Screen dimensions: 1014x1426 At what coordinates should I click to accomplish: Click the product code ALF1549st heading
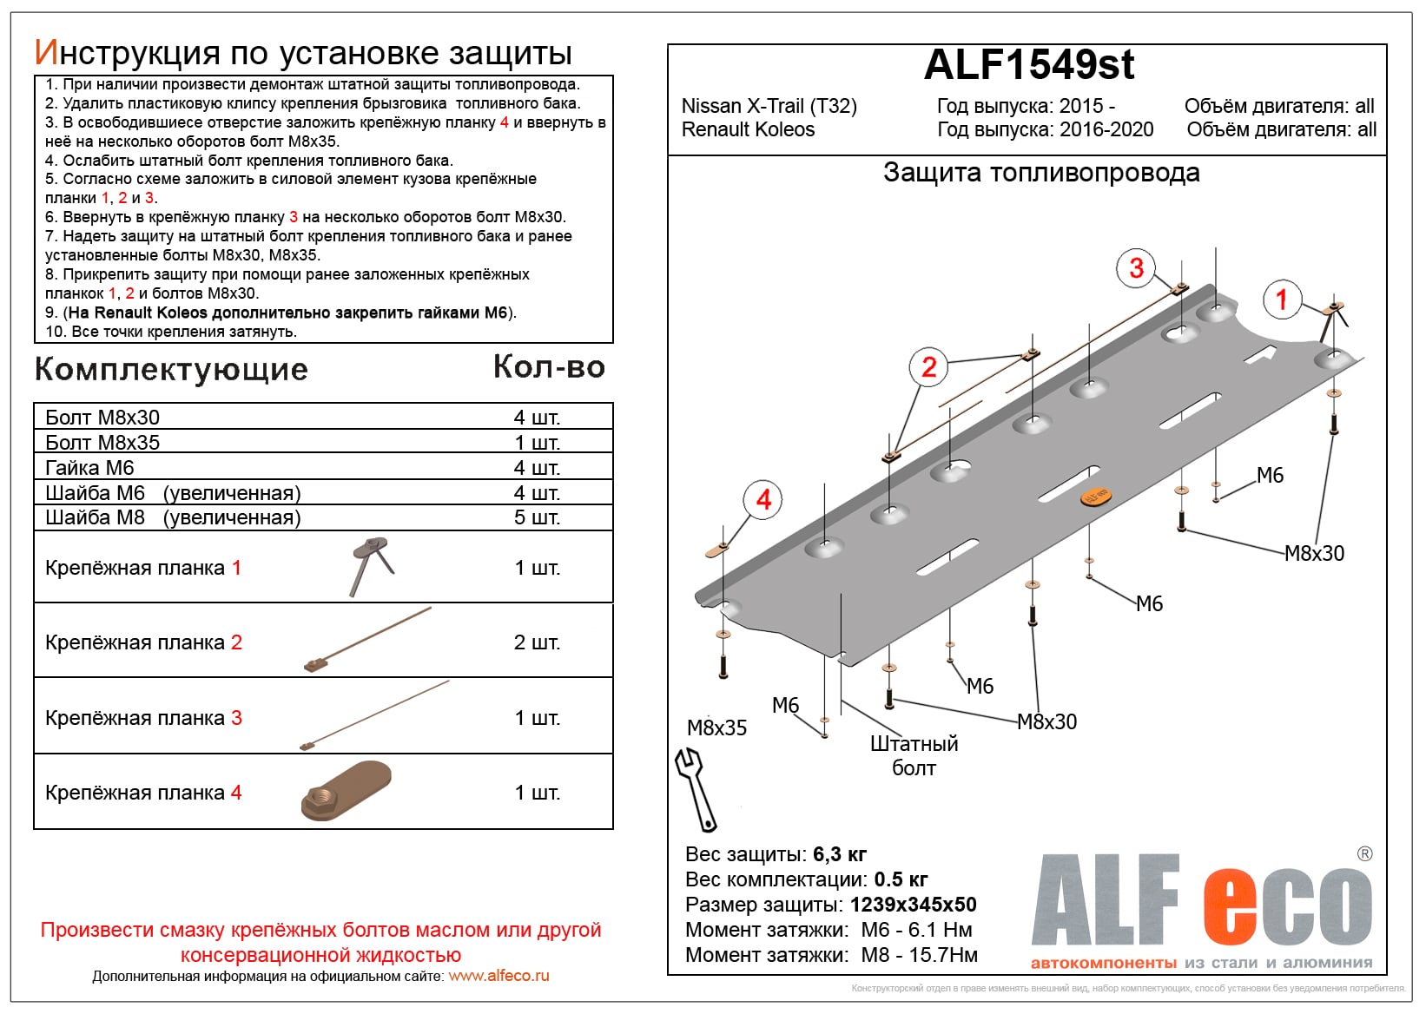pos(1028,65)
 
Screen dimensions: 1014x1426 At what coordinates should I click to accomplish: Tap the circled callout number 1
pos(1281,300)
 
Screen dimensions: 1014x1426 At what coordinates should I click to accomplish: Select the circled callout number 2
pos(928,366)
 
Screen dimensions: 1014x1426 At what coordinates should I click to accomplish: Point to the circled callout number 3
pos(1136,267)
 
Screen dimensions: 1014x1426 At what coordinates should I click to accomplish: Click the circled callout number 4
pos(763,499)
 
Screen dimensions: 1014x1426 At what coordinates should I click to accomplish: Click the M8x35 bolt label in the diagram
pos(716,728)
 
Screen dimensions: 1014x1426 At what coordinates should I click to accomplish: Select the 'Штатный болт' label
pos(914,755)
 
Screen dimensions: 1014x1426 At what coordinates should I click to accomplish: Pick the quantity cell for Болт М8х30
pos(537,418)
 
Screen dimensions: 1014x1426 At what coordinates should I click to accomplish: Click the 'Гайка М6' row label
pos(89,468)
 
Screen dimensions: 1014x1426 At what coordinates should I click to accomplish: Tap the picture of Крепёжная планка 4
pos(347,790)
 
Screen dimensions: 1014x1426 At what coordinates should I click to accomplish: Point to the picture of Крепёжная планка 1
pos(372,565)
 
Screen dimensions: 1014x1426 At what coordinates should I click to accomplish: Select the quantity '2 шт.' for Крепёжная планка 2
pos(537,642)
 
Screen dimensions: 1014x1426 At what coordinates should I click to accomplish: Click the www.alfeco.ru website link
pos(498,976)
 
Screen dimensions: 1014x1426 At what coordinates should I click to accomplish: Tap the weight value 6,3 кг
pos(840,854)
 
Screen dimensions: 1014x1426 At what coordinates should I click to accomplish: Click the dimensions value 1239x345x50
pos(913,905)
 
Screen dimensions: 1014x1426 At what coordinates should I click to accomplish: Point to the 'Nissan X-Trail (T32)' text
pos(769,106)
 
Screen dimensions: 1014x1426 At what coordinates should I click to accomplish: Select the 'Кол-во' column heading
pos(549,367)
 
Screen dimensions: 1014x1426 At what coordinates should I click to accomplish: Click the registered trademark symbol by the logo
pos(1364,854)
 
